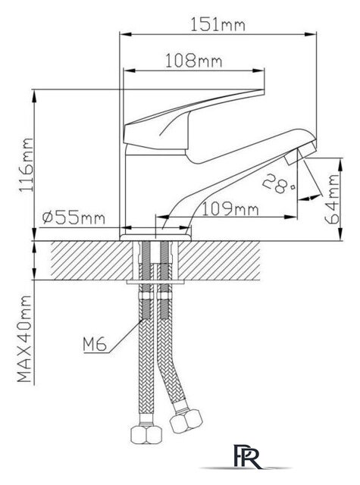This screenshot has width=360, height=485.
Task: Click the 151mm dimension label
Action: tap(218, 24)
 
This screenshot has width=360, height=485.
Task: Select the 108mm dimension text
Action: tap(193, 61)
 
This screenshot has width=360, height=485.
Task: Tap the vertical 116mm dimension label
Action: tap(27, 165)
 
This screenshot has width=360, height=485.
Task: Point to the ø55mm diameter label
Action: tap(74, 218)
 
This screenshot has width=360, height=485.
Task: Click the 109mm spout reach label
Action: tap(230, 209)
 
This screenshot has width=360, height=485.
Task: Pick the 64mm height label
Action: tap(332, 199)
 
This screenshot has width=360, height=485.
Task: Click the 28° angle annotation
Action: tap(278, 184)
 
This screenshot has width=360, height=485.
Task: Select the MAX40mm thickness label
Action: tap(24, 339)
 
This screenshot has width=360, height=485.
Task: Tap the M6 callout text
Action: tap(95, 343)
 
